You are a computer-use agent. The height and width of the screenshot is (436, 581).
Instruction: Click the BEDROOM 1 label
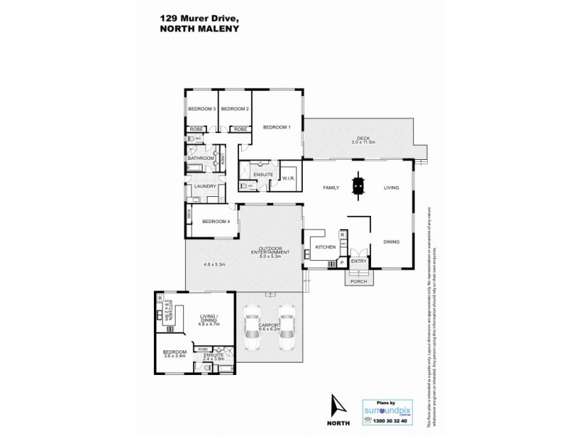pyautogui.click(x=277, y=127)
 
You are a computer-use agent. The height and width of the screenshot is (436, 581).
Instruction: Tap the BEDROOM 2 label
pyautogui.click(x=235, y=108)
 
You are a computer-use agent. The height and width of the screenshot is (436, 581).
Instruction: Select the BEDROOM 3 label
pyautogui.click(x=201, y=108)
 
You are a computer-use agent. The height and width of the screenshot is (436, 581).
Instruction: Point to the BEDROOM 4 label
pyautogui.click(x=216, y=222)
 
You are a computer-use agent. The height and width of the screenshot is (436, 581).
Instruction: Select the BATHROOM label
pyautogui.click(x=201, y=158)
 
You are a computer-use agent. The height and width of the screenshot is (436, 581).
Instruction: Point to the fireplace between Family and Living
pyautogui.click(x=357, y=186)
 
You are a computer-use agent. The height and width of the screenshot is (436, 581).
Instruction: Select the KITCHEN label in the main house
pyautogui.click(x=324, y=249)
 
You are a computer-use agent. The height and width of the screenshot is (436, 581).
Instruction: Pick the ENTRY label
pyautogui.click(x=359, y=261)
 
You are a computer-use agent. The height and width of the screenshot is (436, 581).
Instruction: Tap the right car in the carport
pyautogui.click(x=285, y=330)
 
